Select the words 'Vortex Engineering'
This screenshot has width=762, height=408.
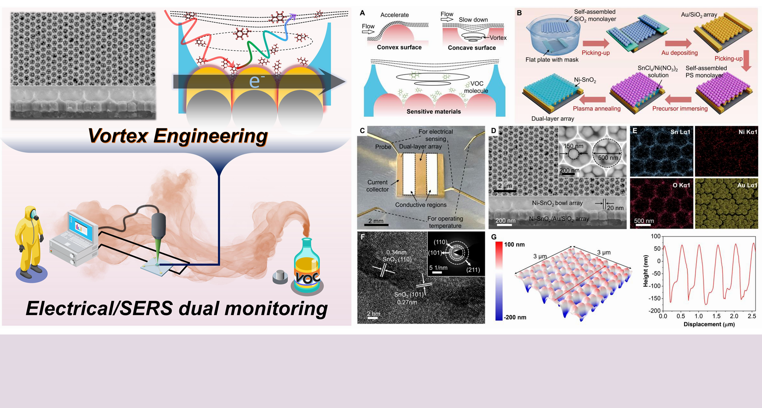pyautogui.click(x=178, y=136)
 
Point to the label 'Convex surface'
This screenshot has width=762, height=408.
pyautogui.click(x=399, y=47)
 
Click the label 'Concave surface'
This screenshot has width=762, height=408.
pyautogui.click(x=472, y=48)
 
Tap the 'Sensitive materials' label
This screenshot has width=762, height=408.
pyautogui.click(x=434, y=112)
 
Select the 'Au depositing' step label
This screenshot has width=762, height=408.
pyautogui.click(x=679, y=53)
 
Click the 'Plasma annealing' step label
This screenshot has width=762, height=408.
pyautogui.click(x=597, y=109)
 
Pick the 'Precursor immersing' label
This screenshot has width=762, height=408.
pyautogui.click(x=680, y=109)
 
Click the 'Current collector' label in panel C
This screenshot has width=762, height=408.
pyautogui.click(x=377, y=186)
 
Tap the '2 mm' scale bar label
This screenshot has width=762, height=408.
pyautogui.click(x=376, y=221)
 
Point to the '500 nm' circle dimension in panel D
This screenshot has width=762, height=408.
pyautogui.click(x=608, y=158)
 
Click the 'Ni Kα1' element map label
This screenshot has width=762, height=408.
pyautogui.click(x=748, y=132)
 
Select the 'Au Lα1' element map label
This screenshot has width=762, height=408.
pyautogui.click(x=747, y=186)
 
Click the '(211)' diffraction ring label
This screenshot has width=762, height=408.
pyautogui.click(x=473, y=270)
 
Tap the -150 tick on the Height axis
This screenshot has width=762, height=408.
pyautogui.click(x=654, y=298)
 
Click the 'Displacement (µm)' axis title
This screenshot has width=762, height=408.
pyautogui.click(x=709, y=324)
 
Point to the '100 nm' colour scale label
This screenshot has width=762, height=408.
pyautogui.click(x=514, y=245)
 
